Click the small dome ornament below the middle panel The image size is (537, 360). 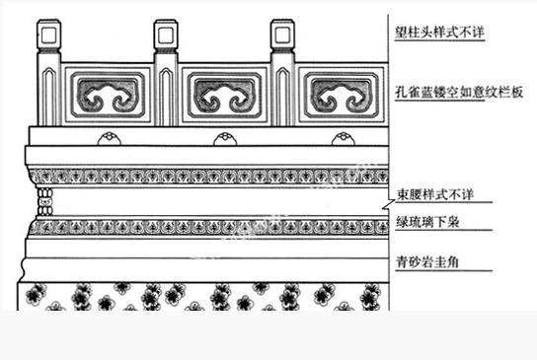tap(224, 136)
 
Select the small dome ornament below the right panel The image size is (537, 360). tap(341, 136)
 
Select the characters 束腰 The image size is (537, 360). tap(405, 194)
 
